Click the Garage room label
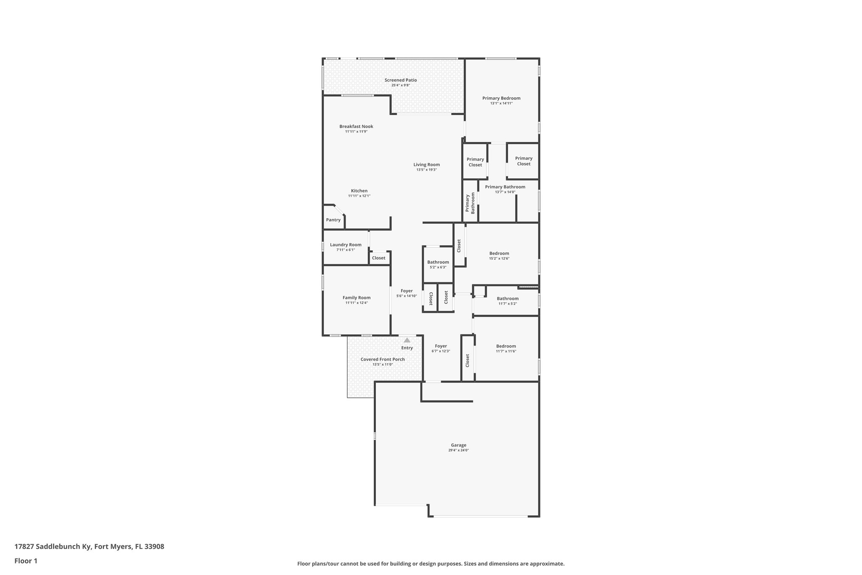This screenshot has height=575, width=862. [x=458, y=445]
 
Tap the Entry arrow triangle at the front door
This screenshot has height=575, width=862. [x=407, y=340]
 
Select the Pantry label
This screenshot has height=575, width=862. [x=333, y=220]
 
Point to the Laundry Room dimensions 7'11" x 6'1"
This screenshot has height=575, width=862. [x=346, y=250]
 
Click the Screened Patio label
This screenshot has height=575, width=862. [x=400, y=80]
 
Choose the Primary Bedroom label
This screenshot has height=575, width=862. [x=501, y=98]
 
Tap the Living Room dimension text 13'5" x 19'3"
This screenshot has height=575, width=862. [x=426, y=170]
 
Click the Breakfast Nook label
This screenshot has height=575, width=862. [x=356, y=126]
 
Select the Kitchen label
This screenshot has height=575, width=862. [x=359, y=191]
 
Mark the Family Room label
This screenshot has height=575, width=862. [x=356, y=297]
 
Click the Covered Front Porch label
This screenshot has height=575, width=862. [x=382, y=359]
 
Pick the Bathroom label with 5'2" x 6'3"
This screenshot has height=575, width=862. [x=438, y=262]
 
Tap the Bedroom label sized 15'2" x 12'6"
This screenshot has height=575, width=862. [x=499, y=254]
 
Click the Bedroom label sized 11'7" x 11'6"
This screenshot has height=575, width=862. [x=505, y=346]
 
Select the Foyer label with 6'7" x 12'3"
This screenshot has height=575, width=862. [x=441, y=346]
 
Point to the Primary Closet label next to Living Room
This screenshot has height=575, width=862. [x=475, y=162]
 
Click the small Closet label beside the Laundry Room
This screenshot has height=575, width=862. [x=378, y=258]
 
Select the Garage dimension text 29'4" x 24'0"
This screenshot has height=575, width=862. [x=458, y=450]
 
